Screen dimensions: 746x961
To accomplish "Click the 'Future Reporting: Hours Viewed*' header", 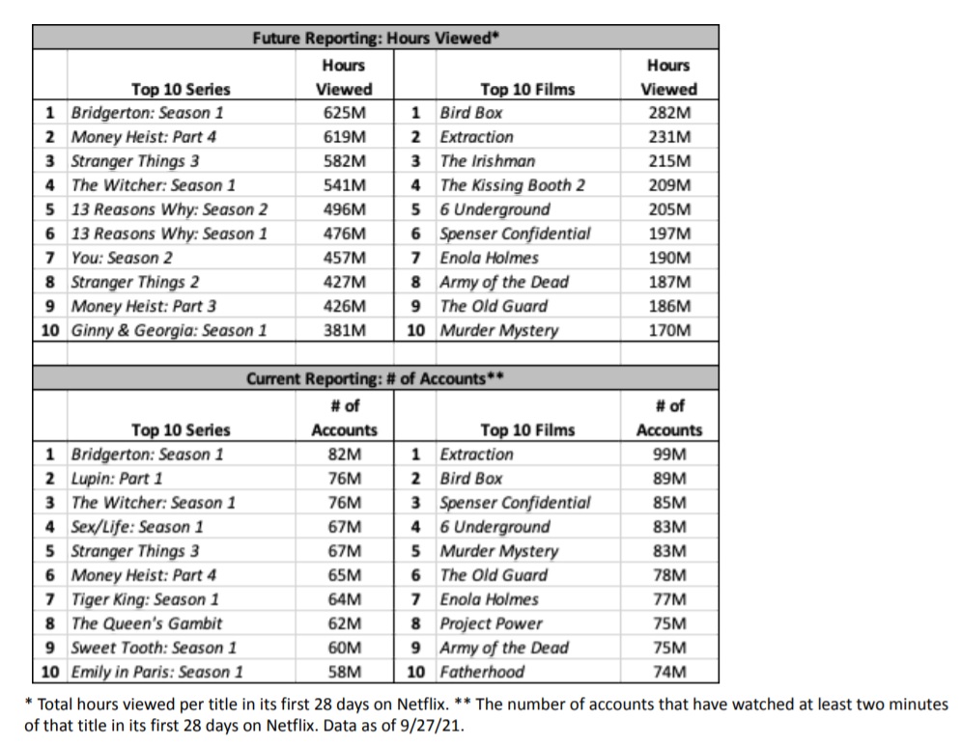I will tap(375, 39).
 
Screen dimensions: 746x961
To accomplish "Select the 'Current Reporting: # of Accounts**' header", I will tap(375, 379).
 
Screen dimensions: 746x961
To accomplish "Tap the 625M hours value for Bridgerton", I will tap(344, 113).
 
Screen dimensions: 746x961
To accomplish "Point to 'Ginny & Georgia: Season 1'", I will tap(169, 330).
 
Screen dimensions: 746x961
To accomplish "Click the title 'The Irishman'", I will tap(487, 161).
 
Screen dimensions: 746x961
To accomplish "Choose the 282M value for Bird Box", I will tap(668, 113).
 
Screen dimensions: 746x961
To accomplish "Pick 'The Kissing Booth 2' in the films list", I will tap(512, 185).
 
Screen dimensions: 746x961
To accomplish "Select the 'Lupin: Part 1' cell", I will tap(117, 479).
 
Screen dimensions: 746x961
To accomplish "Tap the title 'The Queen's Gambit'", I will tap(147, 623).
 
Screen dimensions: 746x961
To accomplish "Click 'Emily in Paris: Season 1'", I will tap(157, 672).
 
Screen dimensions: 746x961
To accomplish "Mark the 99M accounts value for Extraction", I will tap(669, 455).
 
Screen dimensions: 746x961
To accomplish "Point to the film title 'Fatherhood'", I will tap(482, 672).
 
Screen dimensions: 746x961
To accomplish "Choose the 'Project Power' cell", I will tap(491, 623).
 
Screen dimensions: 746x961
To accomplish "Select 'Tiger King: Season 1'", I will tap(145, 599).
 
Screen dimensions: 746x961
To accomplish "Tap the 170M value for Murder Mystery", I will tap(668, 330).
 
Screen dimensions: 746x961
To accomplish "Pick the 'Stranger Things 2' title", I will tap(135, 282).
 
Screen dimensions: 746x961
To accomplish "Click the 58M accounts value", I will tap(344, 672).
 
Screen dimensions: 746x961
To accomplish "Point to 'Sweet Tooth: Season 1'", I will tap(154, 648).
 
